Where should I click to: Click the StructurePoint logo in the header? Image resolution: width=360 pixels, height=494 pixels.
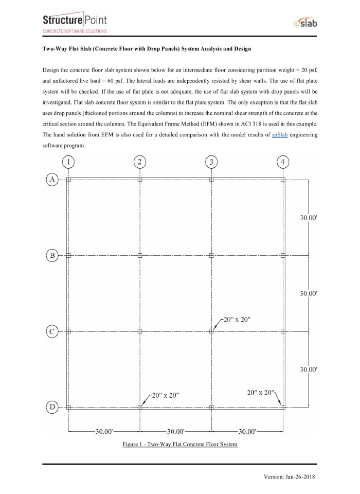(75, 23)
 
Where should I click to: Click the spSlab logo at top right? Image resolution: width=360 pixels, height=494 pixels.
(301, 24)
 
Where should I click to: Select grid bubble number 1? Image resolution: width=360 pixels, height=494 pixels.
(68, 162)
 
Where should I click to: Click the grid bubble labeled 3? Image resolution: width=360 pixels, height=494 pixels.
(211, 162)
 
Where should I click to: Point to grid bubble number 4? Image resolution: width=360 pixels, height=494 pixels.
(282, 162)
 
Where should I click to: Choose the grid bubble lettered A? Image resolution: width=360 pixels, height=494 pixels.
(52, 179)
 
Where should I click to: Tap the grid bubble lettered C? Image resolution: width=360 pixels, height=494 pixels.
(52, 331)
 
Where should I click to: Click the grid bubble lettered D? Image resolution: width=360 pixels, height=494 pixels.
(52, 407)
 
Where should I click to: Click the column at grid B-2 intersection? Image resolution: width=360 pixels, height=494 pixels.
(140, 255)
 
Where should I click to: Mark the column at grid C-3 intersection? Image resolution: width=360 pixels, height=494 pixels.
(211, 331)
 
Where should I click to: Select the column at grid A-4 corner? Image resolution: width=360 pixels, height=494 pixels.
(282, 179)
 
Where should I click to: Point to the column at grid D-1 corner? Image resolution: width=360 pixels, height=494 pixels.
(68, 407)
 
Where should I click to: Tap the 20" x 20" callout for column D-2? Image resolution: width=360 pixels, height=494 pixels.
(165, 395)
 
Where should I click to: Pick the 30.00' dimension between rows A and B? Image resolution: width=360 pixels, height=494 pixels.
(308, 218)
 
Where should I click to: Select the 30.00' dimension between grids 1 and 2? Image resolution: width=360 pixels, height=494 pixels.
(104, 431)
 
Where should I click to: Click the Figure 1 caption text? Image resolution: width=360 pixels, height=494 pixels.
(179, 444)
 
